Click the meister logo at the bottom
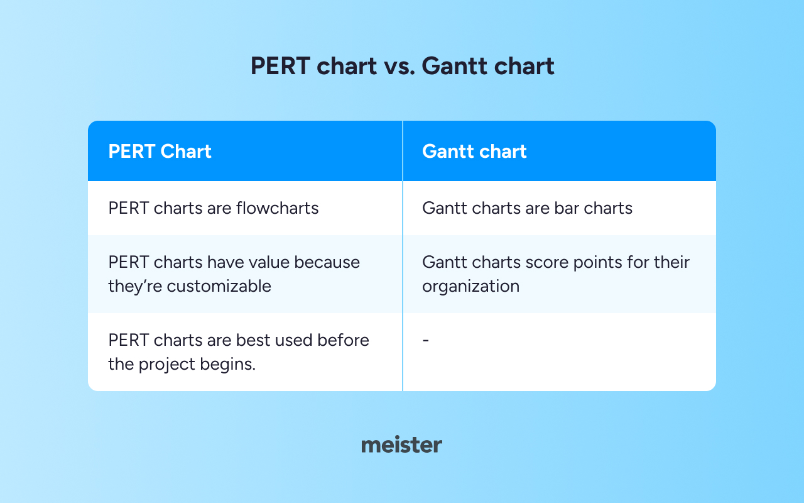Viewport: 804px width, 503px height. pyautogui.click(x=401, y=445)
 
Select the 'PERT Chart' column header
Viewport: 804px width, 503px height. pyautogui.click(x=160, y=152)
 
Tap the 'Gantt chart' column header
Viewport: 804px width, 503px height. pyautogui.click(x=474, y=152)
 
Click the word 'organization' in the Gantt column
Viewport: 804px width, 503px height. pyautogui.click(x=470, y=287)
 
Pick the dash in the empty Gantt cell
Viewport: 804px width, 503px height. pyautogui.click(x=426, y=340)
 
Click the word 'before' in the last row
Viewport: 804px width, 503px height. pyautogui.click(x=343, y=340)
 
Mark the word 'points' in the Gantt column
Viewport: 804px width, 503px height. pyautogui.click(x=608, y=262)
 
